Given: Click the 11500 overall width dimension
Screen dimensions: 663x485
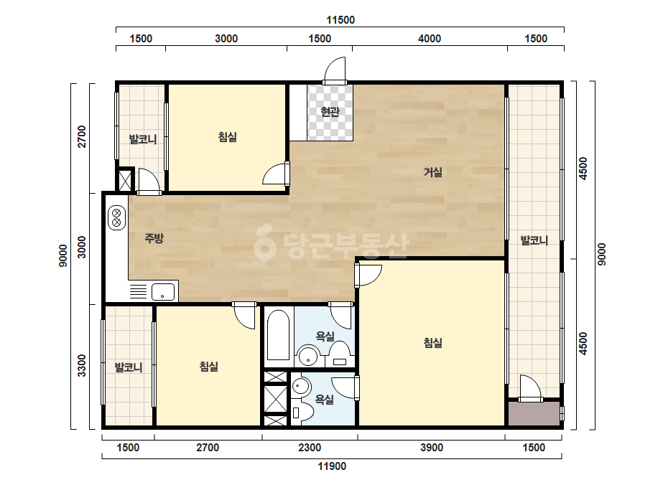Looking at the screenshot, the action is (340, 20).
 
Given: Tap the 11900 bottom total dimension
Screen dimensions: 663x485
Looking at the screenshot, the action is (332, 466).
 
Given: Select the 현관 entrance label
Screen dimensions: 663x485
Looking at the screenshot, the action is (330, 112).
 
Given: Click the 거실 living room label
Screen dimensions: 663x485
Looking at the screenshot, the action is (433, 172).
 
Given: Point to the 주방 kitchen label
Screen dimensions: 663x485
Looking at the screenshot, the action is (154, 238).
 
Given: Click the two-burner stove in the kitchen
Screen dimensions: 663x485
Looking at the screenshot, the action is (116, 217).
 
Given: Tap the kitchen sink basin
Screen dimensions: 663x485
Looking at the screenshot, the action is (163, 292).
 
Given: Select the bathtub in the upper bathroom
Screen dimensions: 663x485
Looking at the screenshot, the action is (279, 336).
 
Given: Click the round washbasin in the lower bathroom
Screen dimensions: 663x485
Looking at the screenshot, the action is (301, 386).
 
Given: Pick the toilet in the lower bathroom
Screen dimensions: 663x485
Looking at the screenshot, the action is (302, 413).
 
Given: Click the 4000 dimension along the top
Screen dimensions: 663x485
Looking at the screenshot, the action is (429, 39).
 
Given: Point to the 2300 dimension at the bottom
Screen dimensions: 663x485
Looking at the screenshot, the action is (310, 448).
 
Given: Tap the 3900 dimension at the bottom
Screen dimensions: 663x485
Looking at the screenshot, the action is (431, 448).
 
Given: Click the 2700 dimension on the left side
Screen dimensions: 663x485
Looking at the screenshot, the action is (82, 136).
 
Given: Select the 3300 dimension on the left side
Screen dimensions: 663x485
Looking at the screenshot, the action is (82, 366).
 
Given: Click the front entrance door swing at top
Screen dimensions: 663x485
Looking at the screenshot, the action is (335, 70).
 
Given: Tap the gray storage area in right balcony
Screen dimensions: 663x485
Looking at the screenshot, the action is (534, 413).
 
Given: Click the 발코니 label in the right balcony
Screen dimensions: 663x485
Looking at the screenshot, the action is (534, 241).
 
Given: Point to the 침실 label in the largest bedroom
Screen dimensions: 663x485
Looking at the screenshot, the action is (433, 343).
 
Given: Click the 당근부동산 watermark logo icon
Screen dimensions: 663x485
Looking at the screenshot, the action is (264, 242).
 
